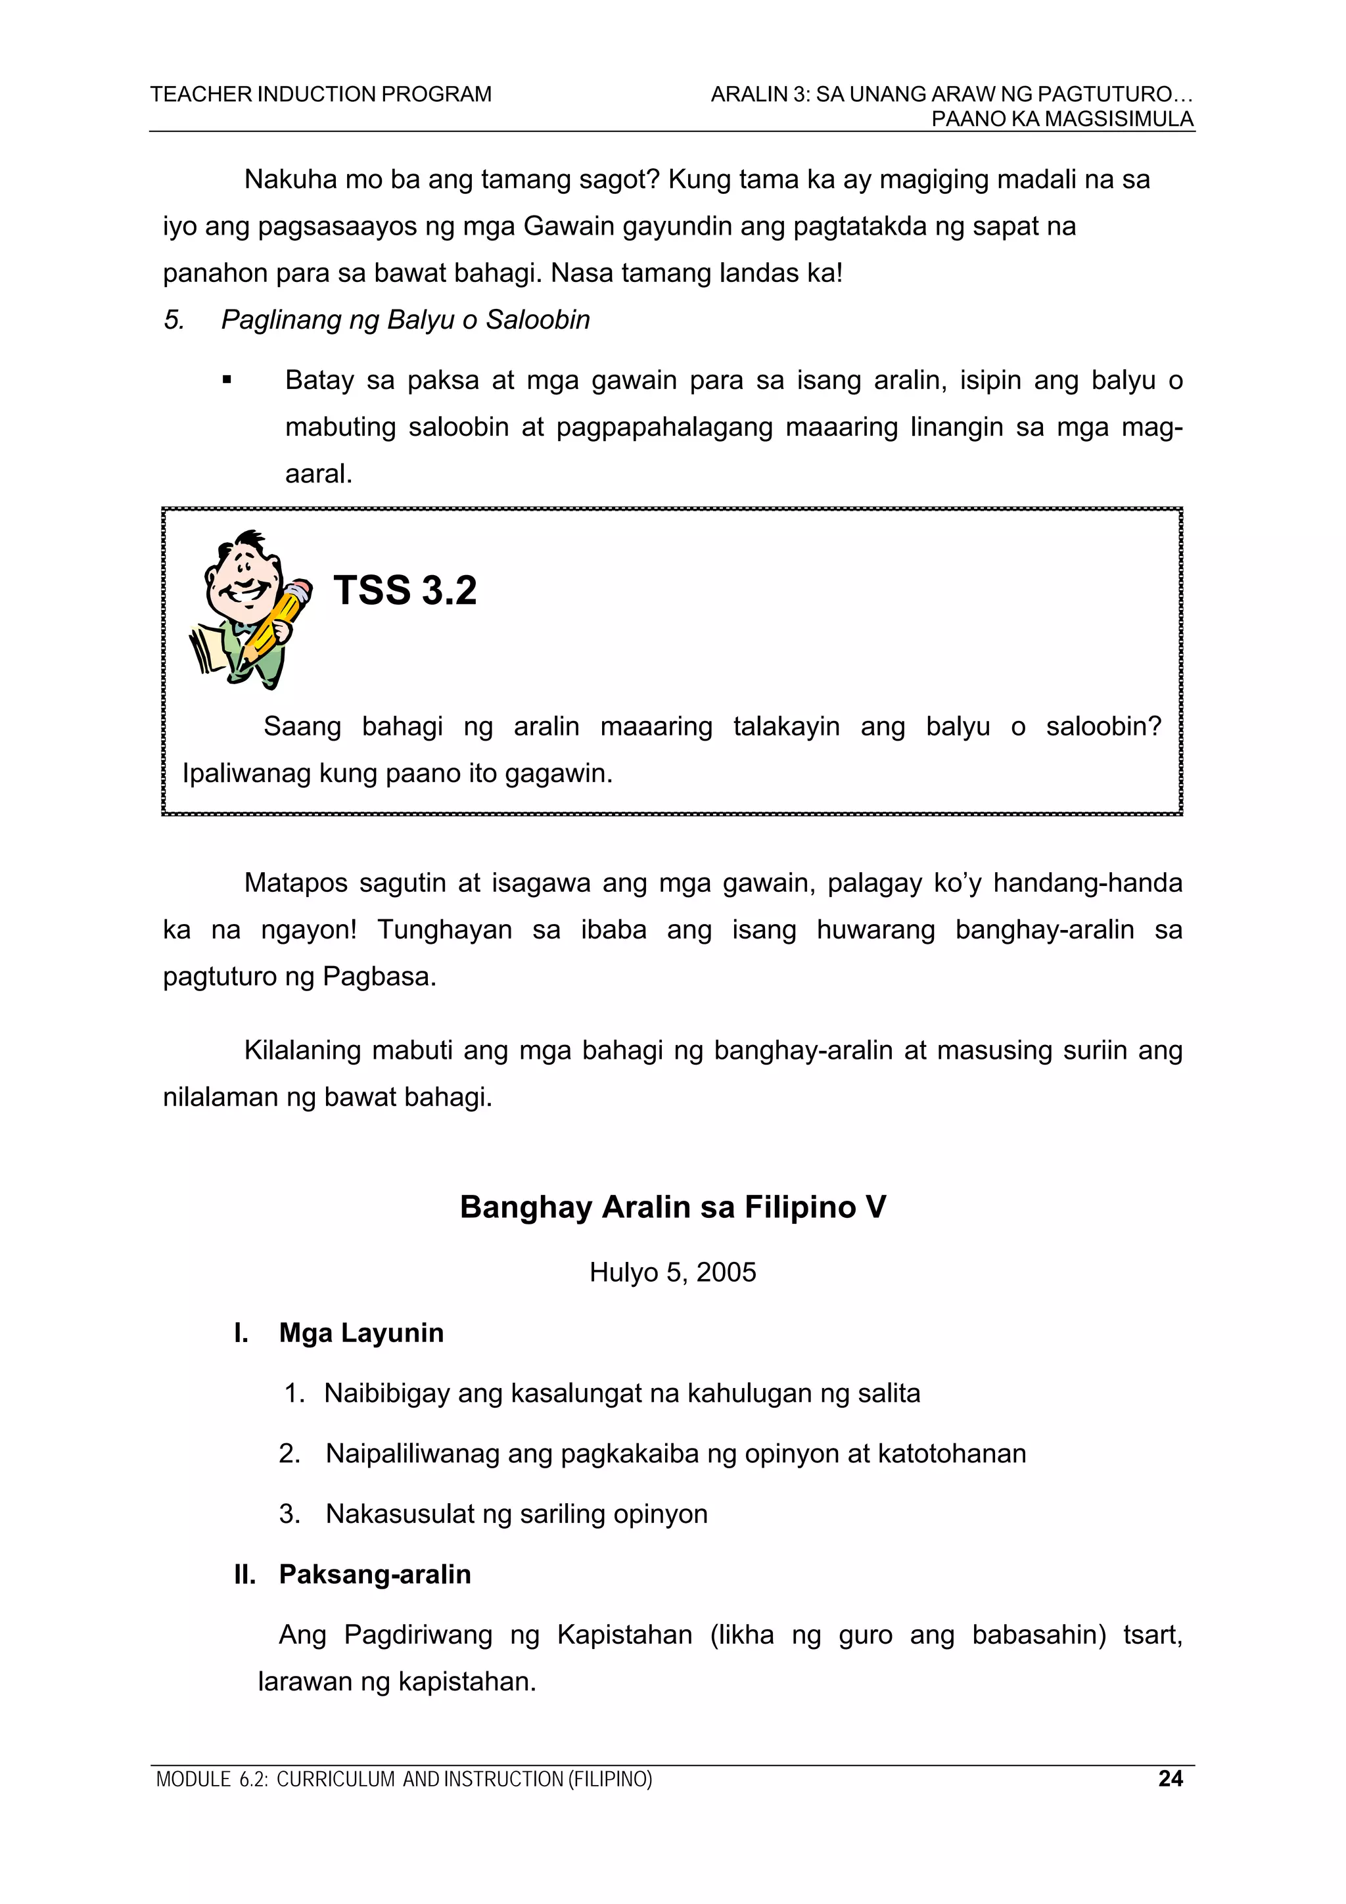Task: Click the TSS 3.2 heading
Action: point(405,590)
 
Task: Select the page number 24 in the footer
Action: point(1169,1778)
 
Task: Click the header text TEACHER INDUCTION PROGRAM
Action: point(320,95)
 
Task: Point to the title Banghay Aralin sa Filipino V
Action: point(672,1207)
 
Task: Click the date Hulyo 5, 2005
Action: point(672,1272)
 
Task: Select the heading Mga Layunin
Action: point(361,1333)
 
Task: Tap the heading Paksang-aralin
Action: point(375,1574)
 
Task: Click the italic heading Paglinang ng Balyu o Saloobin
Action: point(405,320)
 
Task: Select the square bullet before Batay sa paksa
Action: point(226,381)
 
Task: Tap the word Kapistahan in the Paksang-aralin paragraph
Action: point(624,1635)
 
